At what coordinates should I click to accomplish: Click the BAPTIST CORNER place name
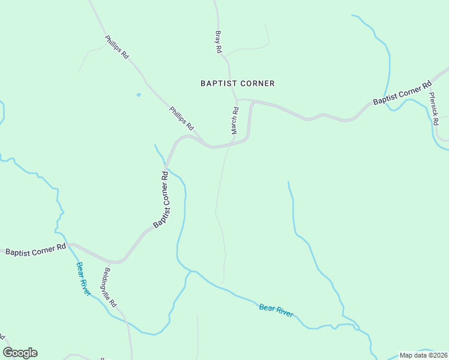(237, 83)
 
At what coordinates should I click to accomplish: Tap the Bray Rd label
(218, 43)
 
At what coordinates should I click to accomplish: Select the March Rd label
(235, 120)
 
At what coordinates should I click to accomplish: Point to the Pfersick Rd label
(433, 107)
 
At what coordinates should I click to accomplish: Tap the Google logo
(20, 353)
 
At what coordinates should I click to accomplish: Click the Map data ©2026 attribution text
(423, 355)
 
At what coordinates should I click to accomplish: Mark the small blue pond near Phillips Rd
(139, 94)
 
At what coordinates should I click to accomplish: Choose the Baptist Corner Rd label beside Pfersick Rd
(402, 93)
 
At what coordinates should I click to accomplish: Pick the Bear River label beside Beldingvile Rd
(83, 279)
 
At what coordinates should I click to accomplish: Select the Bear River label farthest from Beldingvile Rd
(276, 310)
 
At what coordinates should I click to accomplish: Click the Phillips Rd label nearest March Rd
(181, 119)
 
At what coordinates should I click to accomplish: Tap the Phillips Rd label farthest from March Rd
(117, 47)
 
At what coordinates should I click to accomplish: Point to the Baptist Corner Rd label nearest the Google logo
(35, 250)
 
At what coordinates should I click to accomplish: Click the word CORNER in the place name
(255, 83)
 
